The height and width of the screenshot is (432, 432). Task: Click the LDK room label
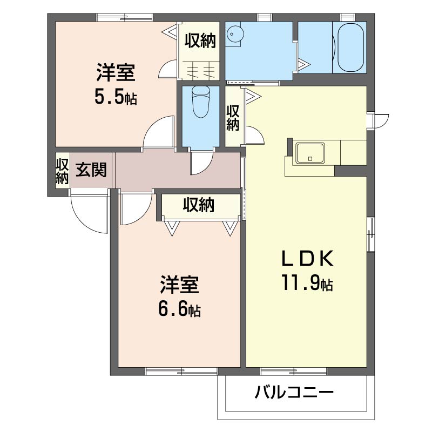pyautogui.click(x=307, y=259)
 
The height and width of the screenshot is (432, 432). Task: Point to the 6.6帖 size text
pyautogui.click(x=179, y=309)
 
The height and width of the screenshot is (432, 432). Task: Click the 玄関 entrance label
pyautogui.click(x=91, y=170)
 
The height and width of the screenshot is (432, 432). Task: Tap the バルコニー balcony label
pyautogui.click(x=294, y=393)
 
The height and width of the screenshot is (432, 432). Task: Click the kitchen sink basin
pyautogui.click(x=310, y=153)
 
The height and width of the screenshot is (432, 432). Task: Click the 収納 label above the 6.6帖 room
pyautogui.click(x=199, y=205)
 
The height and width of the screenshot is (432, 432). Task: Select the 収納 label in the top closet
pyautogui.click(x=200, y=40)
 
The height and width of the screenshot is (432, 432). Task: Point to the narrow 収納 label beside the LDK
pyautogui.click(x=233, y=118)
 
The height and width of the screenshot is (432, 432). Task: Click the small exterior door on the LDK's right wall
pyautogui.click(x=378, y=120)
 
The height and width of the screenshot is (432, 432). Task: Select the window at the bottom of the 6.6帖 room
pyautogui.click(x=181, y=371)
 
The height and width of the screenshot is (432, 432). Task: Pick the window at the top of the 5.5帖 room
pyautogui.click(x=125, y=17)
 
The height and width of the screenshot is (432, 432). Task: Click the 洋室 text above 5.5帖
pyautogui.click(x=116, y=73)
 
